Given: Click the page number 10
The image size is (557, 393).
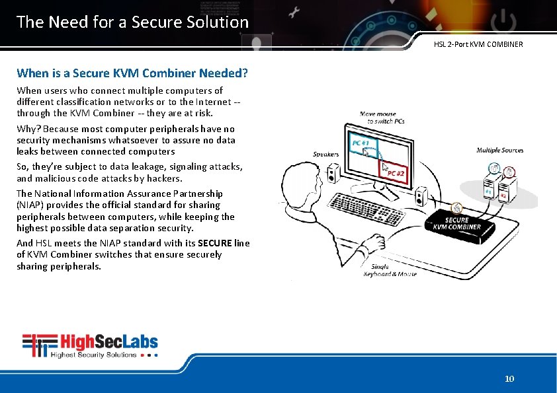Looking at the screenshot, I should point(509,378).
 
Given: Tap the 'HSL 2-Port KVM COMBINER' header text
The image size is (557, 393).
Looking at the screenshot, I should point(478,44).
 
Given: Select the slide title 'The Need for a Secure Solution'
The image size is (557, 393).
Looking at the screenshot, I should point(132,22).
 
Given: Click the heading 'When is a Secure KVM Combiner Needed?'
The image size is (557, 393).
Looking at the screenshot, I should point(132,73).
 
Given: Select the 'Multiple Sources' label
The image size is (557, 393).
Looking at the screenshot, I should point(499,150).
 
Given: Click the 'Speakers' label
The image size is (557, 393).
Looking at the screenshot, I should point(325,154).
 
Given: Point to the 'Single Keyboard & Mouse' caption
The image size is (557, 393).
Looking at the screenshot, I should point(390,270).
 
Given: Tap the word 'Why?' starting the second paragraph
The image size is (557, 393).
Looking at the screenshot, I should point(28,129).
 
